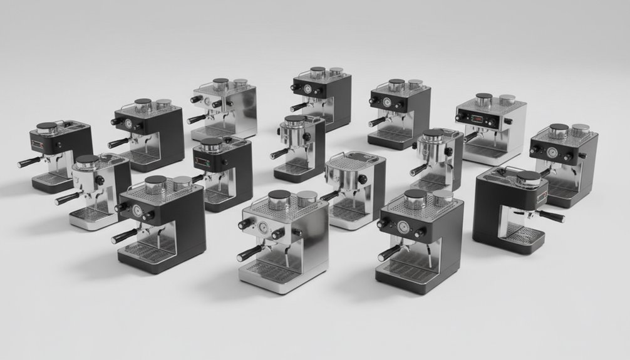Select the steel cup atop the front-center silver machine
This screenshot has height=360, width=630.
pyautogui.click(x=306, y=198)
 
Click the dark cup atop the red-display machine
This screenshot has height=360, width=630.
pyautogui.click(x=483, y=100)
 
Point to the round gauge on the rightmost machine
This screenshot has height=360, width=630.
pyautogui.click(x=552, y=152)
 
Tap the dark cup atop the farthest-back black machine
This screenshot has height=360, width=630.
pyautogui.click(x=318, y=72)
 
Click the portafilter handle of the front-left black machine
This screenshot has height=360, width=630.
pyautogui.click(x=122, y=235)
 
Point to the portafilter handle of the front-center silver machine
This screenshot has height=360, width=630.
pyautogui.click(x=250, y=252)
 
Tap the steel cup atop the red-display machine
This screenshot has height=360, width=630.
pyautogui.click(x=507, y=100)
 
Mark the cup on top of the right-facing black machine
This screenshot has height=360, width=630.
pyautogui.click(x=528, y=179)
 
